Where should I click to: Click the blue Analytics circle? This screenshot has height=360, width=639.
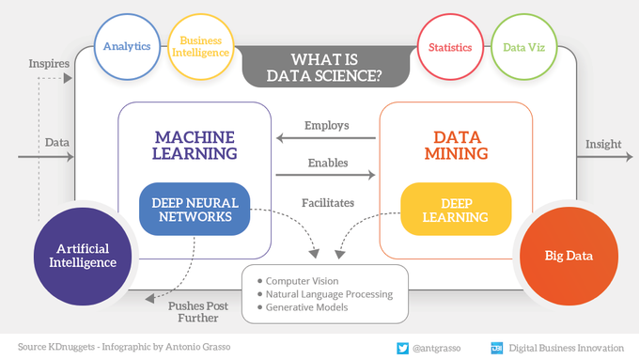tap(126, 46)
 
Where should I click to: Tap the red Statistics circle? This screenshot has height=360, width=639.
tap(449, 46)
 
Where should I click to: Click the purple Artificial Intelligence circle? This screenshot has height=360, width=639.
tap(83, 256)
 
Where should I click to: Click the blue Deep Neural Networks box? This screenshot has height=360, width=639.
tap(195, 210)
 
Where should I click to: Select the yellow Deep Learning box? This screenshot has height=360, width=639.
tap(455, 210)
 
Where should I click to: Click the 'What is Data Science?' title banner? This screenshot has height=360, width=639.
tap(323, 65)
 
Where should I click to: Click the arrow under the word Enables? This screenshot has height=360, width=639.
tap(325, 175)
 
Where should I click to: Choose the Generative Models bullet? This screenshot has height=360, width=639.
tap(305, 307)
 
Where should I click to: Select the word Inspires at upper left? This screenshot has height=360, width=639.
tap(50, 64)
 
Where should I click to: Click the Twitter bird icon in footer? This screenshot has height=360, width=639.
tap(400, 347)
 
